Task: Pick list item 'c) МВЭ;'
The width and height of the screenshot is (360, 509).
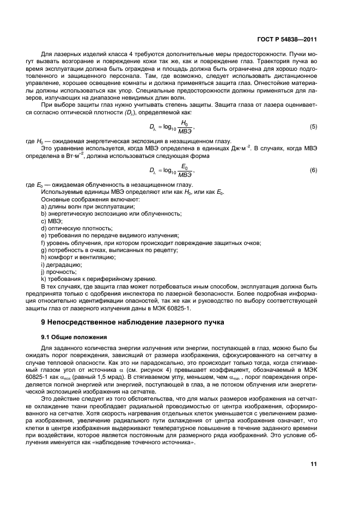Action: [x=52, y=221]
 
